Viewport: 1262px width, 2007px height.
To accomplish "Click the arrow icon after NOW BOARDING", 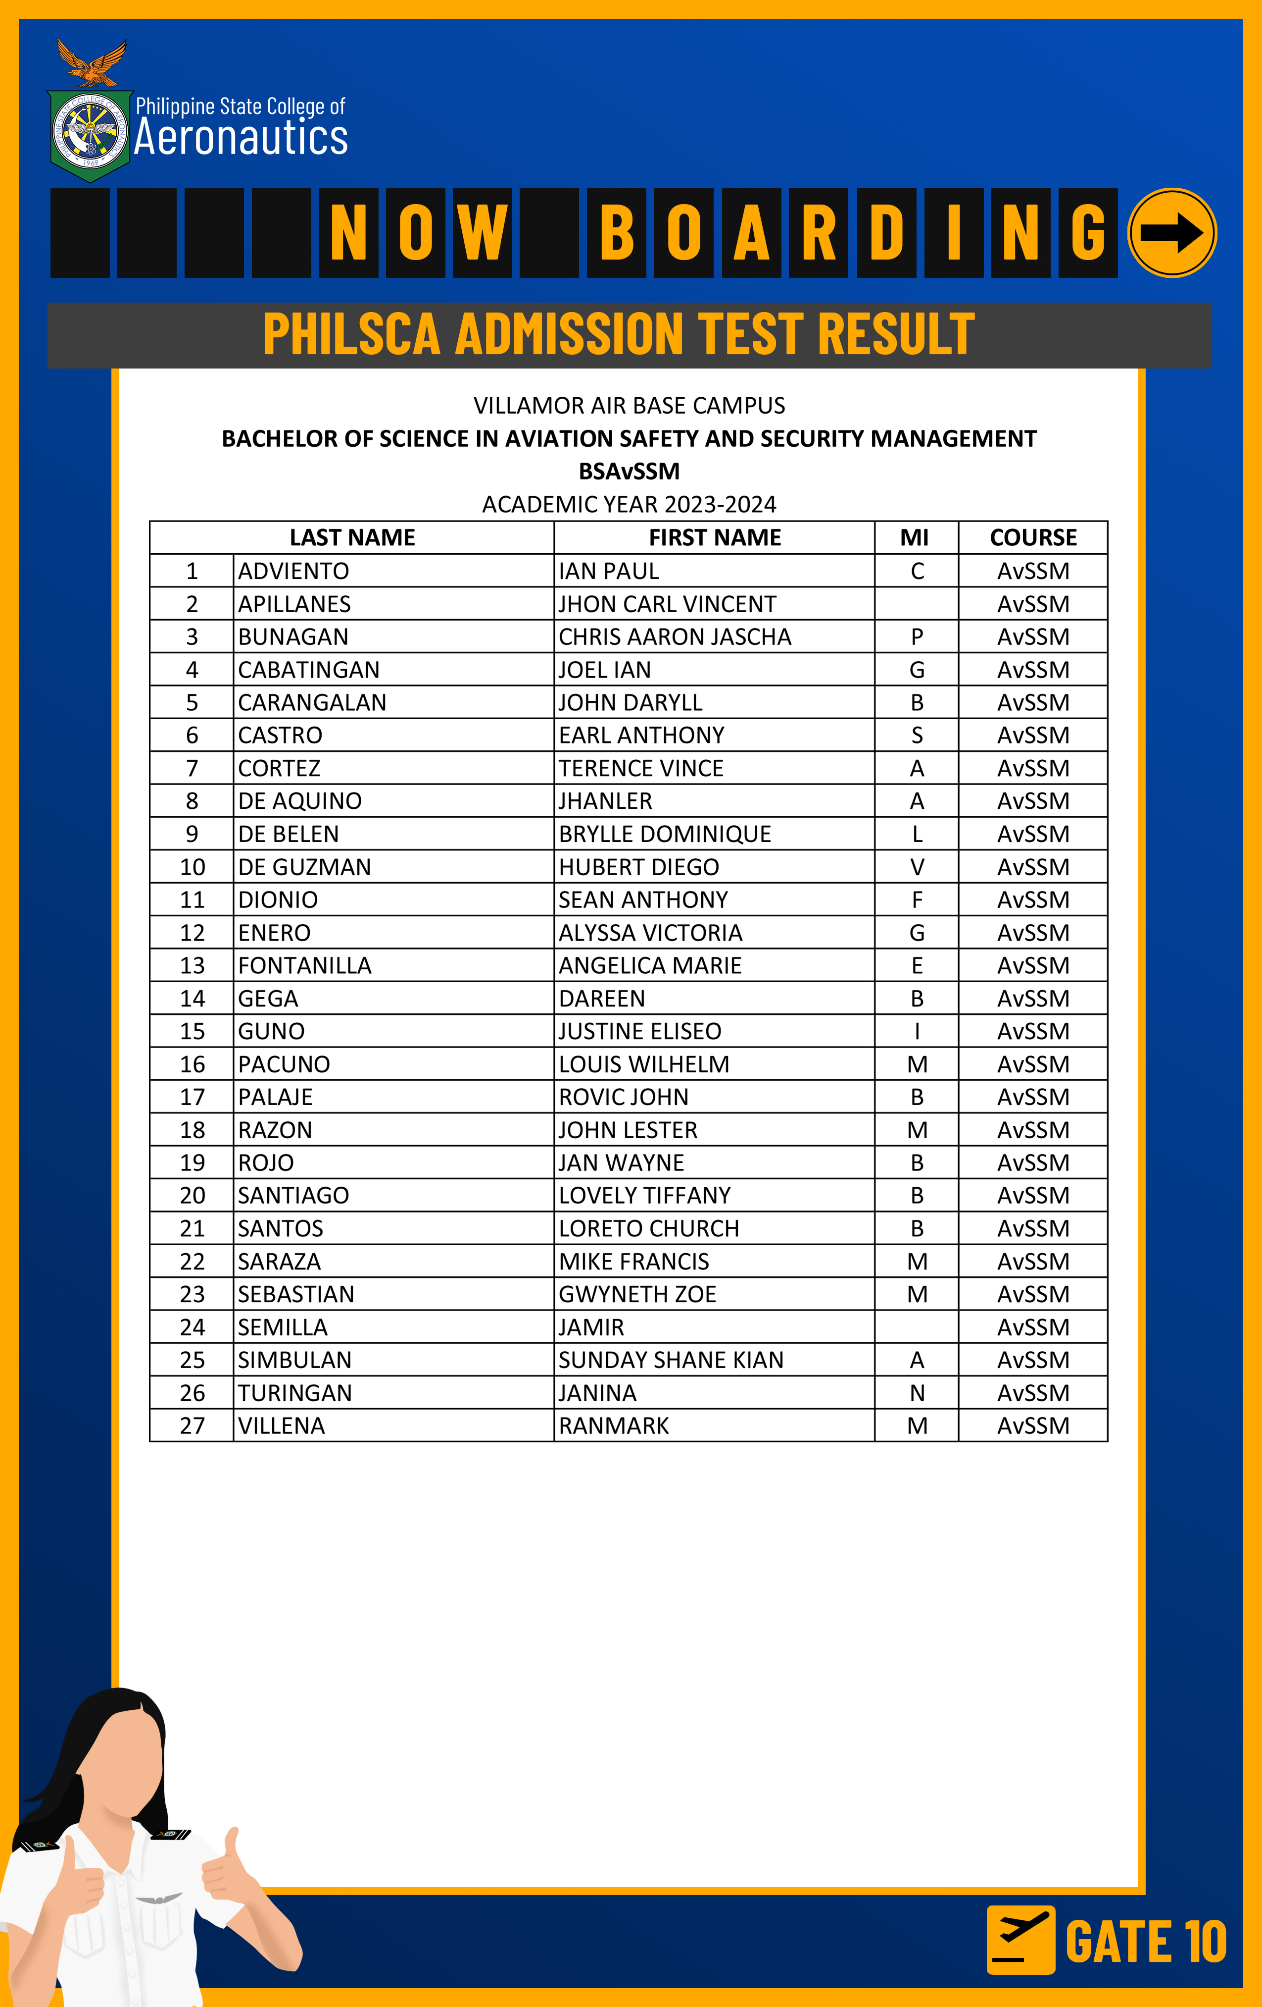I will pyautogui.click(x=1171, y=232).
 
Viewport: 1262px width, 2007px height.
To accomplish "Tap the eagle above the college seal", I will pyautogui.click(x=92, y=64).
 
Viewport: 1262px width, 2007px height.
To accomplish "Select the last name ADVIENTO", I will pyautogui.click(x=293, y=571).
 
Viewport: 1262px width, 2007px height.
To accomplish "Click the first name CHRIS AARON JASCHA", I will pyautogui.click(x=675, y=637).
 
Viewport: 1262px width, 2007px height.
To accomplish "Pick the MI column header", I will pyautogui.click(x=915, y=537).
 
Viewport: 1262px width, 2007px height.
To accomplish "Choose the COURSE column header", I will pyautogui.click(x=1033, y=537).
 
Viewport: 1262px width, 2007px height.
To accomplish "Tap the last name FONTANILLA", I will pyautogui.click(x=305, y=965).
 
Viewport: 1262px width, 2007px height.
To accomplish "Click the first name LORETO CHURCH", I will pyautogui.click(x=649, y=1228).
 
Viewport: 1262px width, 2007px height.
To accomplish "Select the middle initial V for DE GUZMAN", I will pyautogui.click(x=917, y=867).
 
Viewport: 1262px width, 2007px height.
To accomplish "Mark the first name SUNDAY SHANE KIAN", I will pyautogui.click(x=671, y=1360).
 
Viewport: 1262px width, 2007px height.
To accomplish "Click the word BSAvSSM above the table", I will pyautogui.click(x=630, y=471).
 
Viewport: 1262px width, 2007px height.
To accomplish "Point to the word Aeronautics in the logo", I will pyautogui.click(x=241, y=138).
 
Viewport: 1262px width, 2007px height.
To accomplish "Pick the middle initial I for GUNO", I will pyautogui.click(x=917, y=1031).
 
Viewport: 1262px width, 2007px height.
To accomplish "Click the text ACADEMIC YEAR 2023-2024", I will pyautogui.click(x=629, y=504).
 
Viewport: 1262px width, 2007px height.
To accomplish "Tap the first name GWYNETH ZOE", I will pyautogui.click(x=637, y=1294).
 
